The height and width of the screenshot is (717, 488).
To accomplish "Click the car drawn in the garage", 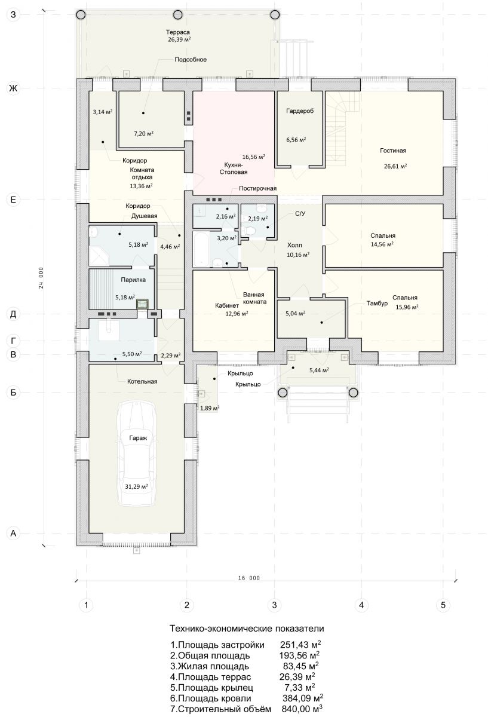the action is [x=137, y=454].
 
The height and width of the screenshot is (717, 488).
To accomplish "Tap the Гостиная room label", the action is [x=393, y=151].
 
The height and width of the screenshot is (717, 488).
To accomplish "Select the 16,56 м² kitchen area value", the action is [x=254, y=157].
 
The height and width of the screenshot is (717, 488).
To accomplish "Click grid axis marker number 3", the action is [x=274, y=605].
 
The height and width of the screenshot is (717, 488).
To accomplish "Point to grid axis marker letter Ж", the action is [x=13, y=88].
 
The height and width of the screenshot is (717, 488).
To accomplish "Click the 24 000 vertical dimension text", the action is [x=41, y=278].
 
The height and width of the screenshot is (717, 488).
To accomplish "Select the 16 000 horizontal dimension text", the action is [x=249, y=578].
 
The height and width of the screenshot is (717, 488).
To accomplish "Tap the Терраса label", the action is [x=177, y=32].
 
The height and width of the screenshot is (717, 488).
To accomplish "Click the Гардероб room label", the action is [x=300, y=111].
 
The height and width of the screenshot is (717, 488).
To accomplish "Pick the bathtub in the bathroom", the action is [x=201, y=250].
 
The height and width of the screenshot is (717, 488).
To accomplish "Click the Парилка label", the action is [x=133, y=280].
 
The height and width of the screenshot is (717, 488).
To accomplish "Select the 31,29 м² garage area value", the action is [x=136, y=486].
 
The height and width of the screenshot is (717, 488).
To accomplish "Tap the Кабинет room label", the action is [x=227, y=306].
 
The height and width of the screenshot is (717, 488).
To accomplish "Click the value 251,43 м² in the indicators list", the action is [x=300, y=644].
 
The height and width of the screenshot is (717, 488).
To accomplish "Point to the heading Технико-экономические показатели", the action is [x=247, y=629].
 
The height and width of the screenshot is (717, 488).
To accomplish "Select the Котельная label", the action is [x=142, y=382].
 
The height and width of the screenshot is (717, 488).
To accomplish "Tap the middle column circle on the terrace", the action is [x=177, y=15].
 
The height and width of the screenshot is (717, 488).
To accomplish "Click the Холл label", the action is [x=294, y=245].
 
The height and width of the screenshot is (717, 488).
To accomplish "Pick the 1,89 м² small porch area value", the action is [x=210, y=408].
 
